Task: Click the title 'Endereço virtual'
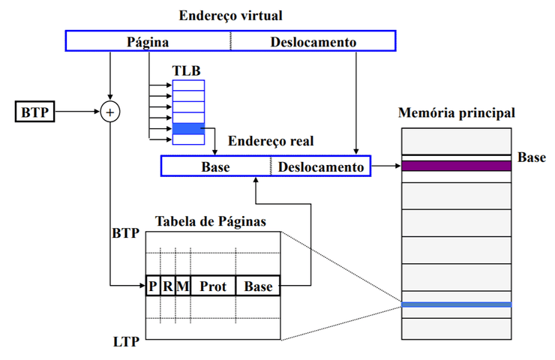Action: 230,15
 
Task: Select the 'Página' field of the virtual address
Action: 148,41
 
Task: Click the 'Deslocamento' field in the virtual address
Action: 313,41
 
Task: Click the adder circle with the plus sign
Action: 110,112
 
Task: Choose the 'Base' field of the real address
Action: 216,166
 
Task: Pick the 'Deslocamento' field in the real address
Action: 321,166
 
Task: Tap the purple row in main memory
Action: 456,166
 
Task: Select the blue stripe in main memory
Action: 456,304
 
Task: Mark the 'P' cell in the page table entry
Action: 152,286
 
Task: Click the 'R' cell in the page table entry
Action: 168,286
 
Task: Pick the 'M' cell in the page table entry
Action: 183,286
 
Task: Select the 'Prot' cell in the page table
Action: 213,286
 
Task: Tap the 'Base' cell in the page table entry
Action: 258,286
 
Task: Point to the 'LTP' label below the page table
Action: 125,343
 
